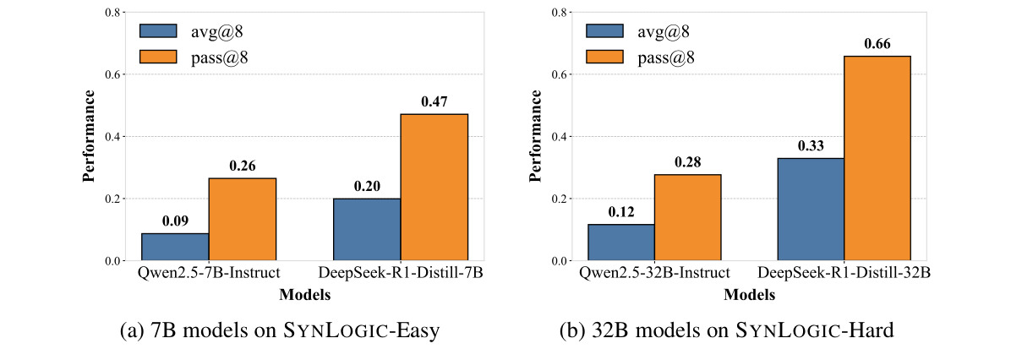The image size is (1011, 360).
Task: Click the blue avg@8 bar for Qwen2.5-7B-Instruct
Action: pyautogui.click(x=175, y=247)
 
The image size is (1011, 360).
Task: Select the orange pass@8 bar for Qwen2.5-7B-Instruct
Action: pyautogui.click(x=243, y=220)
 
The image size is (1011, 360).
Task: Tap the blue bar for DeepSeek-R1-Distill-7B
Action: pyautogui.click(x=367, y=230)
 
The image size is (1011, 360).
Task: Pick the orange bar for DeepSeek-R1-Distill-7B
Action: pyautogui.click(x=434, y=188)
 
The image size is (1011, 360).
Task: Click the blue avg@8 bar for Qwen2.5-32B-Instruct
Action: pyautogui.click(x=620, y=243)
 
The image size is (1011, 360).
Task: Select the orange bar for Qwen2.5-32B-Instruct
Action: pyautogui.click(x=687, y=218)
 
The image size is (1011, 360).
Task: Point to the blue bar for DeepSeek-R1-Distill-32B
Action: pyautogui.click(x=810, y=210)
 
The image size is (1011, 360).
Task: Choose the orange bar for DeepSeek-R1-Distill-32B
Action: pyautogui.click(x=877, y=158)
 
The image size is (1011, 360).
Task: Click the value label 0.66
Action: pyautogui.click(x=877, y=43)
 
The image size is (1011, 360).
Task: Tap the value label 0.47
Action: pyautogui.click(x=434, y=101)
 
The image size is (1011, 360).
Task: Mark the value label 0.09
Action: pyautogui.click(x=175, y=221)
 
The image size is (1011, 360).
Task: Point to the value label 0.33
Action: pyautogui.click(x=810, y=145)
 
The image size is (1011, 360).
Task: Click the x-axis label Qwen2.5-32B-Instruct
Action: pyautogui.click(x=653, y=274)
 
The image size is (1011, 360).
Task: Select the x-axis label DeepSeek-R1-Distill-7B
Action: pyautogui.click(x=401, y=274)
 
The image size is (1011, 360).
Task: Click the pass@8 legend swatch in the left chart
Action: pyautogui.click(x=158, y=57)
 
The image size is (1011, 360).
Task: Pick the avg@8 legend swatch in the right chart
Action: pyautogui.click(x=604, y=31)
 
